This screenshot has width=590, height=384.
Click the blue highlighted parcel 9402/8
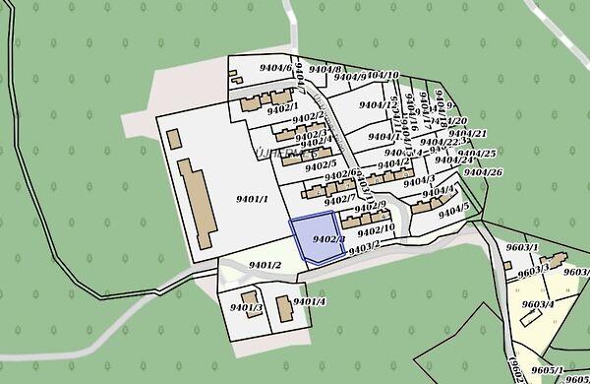click(317, 239)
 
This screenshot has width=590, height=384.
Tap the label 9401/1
click(253, 199)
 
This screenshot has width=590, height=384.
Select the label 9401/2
click(265, 265)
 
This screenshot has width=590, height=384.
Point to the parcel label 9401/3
click(246, 308)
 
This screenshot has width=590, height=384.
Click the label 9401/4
click(309, 301)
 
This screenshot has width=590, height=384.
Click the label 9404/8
click(324, 70)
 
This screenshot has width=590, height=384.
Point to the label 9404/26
click(483, 173)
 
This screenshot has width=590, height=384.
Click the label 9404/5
click(453, 211)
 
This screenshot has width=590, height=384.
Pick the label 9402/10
click(376, 229)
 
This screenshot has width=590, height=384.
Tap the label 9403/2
click(364, 246)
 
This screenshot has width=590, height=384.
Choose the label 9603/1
click(522, 247)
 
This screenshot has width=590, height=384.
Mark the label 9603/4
click(538, 304)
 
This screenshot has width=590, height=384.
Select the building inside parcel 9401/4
click(283, 309)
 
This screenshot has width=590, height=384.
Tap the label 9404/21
click(468, 134)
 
